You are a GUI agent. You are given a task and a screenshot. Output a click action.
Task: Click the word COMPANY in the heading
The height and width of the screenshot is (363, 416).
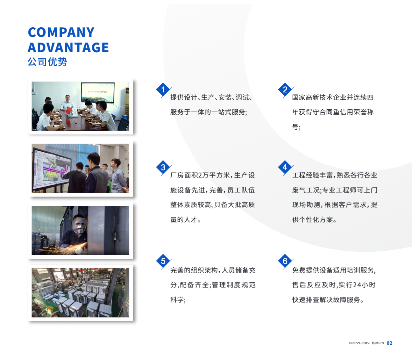[x=61, y=32]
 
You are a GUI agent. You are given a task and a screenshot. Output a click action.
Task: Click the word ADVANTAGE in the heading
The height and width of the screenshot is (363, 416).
[x=68, y=48]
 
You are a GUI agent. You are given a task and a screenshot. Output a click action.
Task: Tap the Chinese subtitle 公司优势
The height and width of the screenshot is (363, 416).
[x=47, y=62]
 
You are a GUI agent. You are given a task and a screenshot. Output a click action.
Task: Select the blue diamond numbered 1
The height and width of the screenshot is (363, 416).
[x=163, y=90]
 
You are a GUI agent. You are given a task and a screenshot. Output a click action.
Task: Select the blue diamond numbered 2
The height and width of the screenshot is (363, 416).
[x=285, y=90]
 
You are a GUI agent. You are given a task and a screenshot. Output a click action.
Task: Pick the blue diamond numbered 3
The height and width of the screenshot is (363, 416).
[x=163, y=168]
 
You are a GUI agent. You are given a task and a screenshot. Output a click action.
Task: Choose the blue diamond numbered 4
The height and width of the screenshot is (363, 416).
[x=285, y=167]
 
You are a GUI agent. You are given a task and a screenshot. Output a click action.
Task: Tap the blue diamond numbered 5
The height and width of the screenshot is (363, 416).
[x=163, y=261]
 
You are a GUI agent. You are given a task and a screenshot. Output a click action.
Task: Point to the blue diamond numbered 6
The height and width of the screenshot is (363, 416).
[x=285, y=261]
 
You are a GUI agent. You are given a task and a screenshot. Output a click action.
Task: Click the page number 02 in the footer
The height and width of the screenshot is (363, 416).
[x=389, y=343]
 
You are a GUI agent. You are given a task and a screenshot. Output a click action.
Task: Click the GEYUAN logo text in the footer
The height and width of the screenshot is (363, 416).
[x=359, y=343]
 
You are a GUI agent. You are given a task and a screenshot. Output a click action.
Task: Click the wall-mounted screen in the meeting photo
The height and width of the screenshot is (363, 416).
[x=97, y=93]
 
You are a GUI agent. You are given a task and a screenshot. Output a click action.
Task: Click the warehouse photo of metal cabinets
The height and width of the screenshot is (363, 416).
[x=80, y=293]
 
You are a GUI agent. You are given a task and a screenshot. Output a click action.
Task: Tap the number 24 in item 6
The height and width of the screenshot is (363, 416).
[x=357, y=285]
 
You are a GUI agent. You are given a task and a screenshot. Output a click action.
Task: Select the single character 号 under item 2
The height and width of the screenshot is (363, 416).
[x=295, y=127]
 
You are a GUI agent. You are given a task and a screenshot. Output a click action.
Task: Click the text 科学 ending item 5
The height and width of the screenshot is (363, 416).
[x=177, y=300]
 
